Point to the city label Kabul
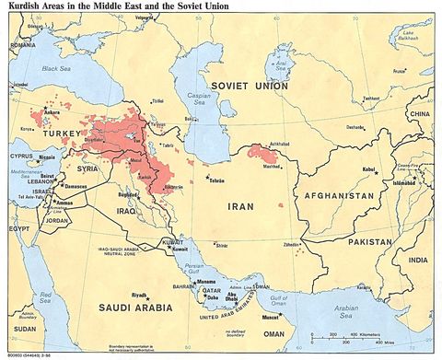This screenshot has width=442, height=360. click(x=366, y=169)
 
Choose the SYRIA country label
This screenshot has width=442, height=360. click(x=87, y=168)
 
